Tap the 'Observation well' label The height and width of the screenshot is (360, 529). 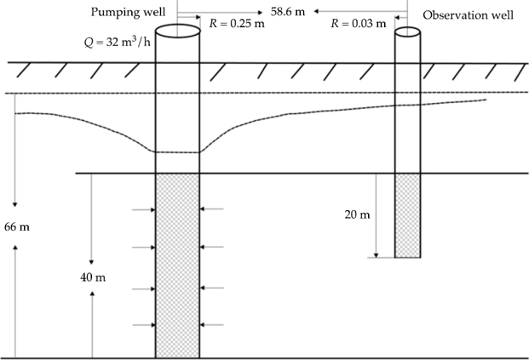468,15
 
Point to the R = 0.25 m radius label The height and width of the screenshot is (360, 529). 239,27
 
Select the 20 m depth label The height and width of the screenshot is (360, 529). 358,214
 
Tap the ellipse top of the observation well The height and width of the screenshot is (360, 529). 407,32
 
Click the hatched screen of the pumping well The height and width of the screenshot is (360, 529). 177,264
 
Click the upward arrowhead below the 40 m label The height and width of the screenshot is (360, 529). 92,296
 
